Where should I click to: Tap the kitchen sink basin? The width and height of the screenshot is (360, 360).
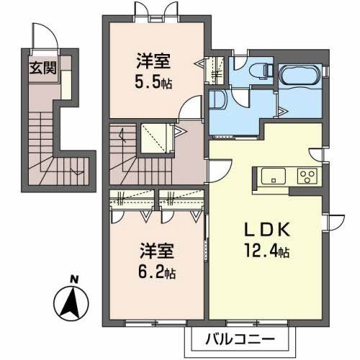pyautogui.click(x=273, y=176)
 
